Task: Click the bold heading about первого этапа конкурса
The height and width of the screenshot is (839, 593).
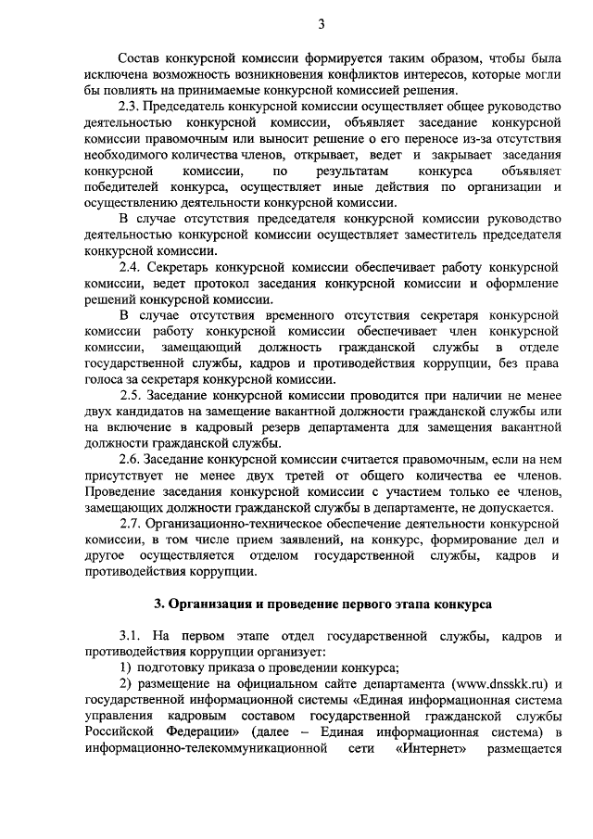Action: click(322, 604)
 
